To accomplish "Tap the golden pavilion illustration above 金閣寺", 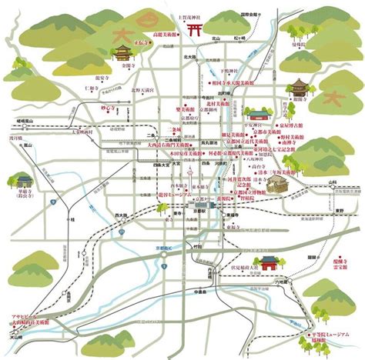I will coord(122,52).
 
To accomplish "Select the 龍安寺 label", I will coord(103,78).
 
